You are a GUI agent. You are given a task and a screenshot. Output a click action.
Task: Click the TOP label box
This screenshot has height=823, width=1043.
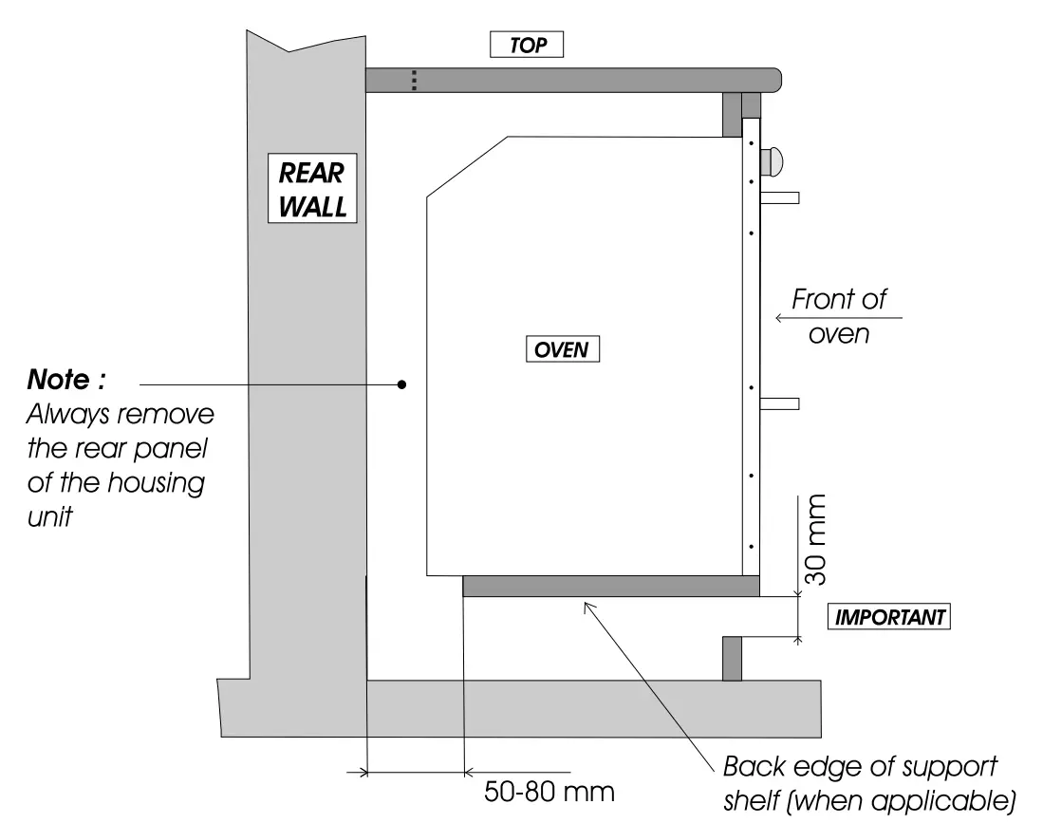526,45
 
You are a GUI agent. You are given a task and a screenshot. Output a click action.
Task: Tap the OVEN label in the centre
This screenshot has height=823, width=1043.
563,349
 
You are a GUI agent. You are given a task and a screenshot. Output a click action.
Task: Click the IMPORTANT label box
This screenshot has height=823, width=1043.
889,617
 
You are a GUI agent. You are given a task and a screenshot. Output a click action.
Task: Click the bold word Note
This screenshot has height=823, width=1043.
65,382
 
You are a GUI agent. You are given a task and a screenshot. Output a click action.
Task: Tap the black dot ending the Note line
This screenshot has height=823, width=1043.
401,384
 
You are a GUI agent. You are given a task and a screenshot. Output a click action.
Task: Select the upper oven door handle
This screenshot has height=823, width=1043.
779,197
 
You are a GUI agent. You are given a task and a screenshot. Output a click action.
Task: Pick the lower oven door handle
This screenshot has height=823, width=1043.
779,403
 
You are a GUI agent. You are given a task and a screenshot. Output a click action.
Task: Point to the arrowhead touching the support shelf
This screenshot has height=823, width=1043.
587,603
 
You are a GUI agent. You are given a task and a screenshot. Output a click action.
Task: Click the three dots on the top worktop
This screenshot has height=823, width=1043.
414,81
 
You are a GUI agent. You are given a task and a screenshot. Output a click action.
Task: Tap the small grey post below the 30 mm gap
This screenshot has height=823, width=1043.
732,658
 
